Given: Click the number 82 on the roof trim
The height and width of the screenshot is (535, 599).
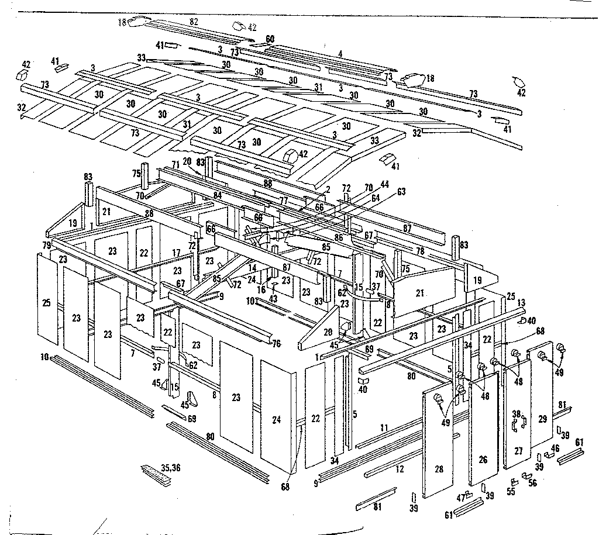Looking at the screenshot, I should tap(194, 21).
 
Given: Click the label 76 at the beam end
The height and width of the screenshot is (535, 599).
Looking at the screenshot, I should tap(276, 343).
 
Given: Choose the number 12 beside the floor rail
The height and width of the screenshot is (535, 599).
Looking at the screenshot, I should tap(399, 468).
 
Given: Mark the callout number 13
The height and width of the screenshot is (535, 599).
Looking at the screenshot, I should tap(522, 302).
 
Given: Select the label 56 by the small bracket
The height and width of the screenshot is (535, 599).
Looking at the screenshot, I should tap(532, 483).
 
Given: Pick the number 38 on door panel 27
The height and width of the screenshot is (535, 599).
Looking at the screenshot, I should tap(516, 414).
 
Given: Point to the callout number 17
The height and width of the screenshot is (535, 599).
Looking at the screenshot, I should tap(175, 253).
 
